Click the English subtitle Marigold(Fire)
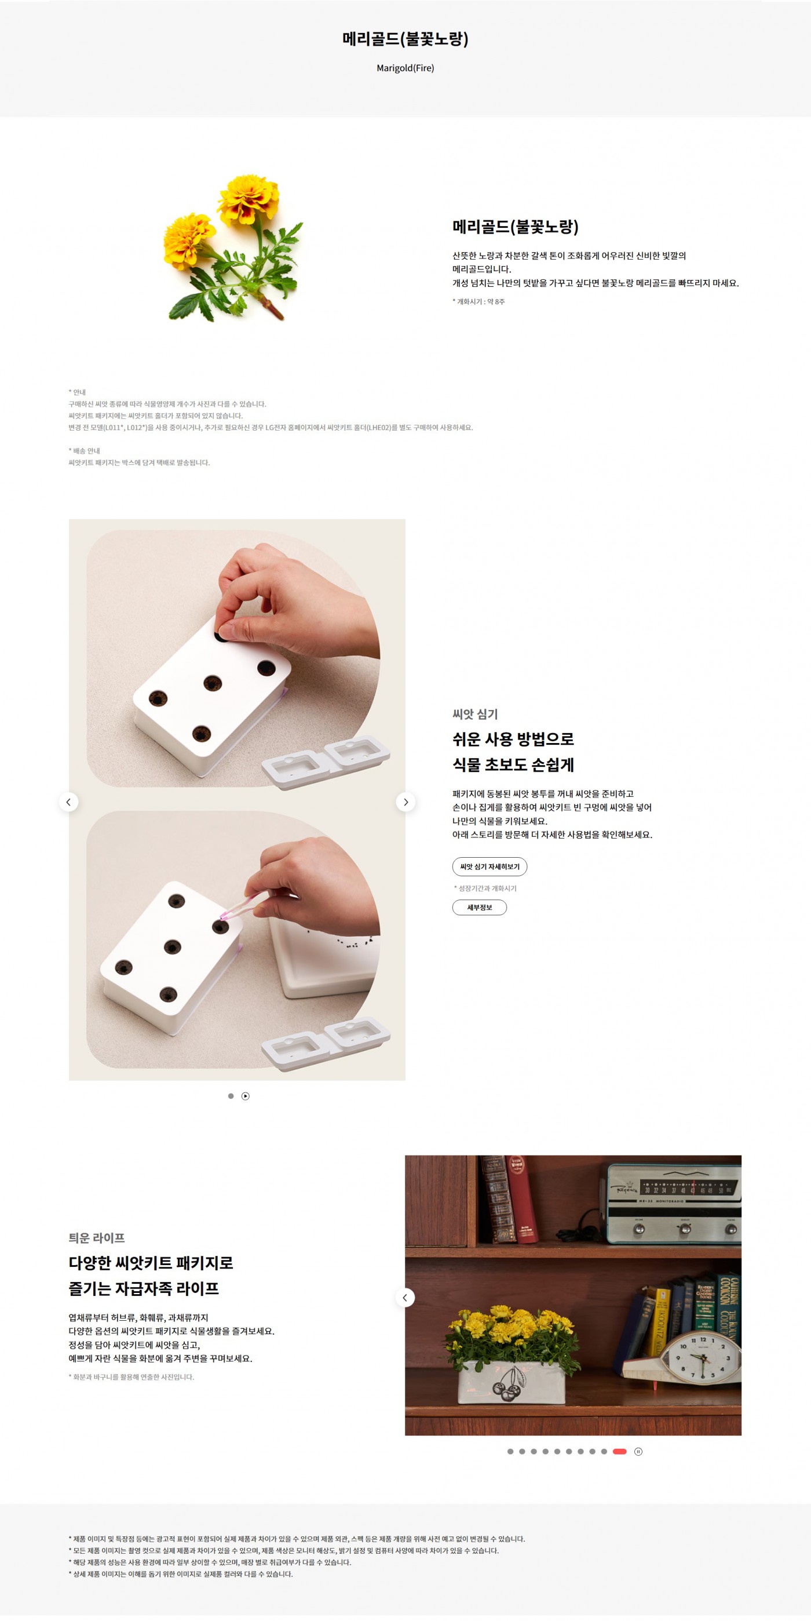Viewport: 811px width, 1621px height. point(405,68)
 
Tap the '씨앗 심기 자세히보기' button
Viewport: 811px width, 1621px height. point(489,866)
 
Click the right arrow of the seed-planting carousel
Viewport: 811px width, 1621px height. point(406,802)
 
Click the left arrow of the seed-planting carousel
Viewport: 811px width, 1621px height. point(68,802)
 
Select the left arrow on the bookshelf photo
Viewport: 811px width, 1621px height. point(405,1298)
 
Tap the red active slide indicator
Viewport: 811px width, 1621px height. point(620,1451)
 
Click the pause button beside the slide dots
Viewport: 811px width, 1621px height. point(638,1451)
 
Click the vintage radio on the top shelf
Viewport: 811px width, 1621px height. point(674,1204)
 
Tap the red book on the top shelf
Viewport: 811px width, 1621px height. point(521,1200)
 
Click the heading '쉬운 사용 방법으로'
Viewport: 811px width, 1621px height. point(513,739)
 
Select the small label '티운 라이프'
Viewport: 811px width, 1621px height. point(97,1238)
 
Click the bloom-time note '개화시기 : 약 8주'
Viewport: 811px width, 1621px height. point(479,301)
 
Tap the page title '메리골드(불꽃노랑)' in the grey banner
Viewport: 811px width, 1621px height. point(405,39)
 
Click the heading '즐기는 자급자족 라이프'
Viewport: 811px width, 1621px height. point(144,1288)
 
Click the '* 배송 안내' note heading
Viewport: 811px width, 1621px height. point(85,450)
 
